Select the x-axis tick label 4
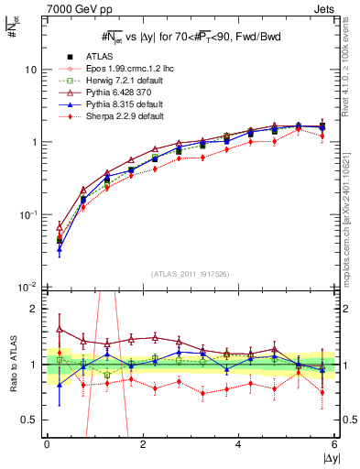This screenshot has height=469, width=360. (238, 443)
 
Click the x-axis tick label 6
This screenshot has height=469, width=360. (334, 443)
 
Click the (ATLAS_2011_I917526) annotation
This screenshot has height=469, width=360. (191, 274)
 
